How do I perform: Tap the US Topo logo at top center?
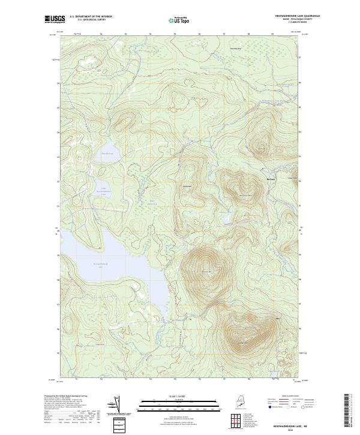(180, 20)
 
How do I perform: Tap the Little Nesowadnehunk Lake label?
(103, 191)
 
